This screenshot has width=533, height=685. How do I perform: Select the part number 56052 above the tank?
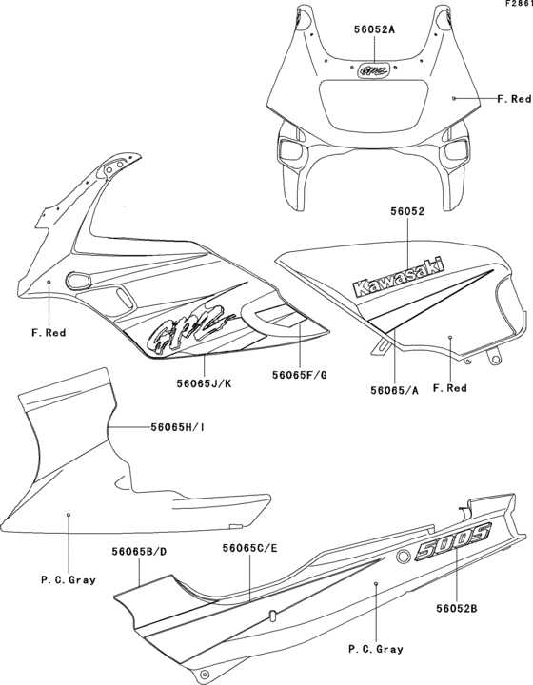(406, 214)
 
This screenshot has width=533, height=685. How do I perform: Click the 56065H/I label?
(178, 427)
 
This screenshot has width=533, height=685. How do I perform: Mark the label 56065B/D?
(140, 549)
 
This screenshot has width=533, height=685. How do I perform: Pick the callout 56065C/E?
(249, 549)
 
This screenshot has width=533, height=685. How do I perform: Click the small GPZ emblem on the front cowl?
(372, 68)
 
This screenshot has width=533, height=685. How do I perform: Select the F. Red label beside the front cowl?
(514, 98)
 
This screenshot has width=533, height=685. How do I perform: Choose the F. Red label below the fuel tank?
(450, 388)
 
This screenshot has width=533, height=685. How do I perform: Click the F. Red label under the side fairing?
(49, 333)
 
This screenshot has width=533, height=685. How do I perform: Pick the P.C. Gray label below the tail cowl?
(376, 649)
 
